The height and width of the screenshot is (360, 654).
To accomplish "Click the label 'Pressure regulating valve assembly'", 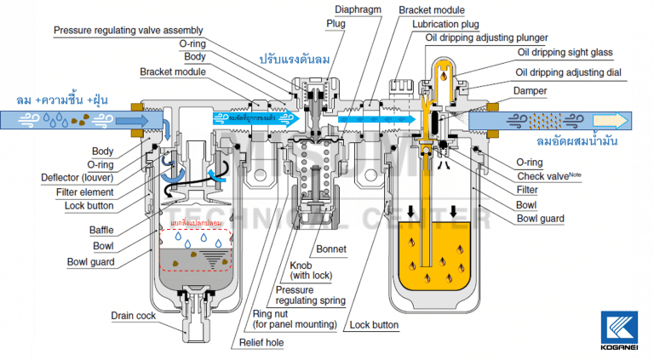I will [x=129, y=30].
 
